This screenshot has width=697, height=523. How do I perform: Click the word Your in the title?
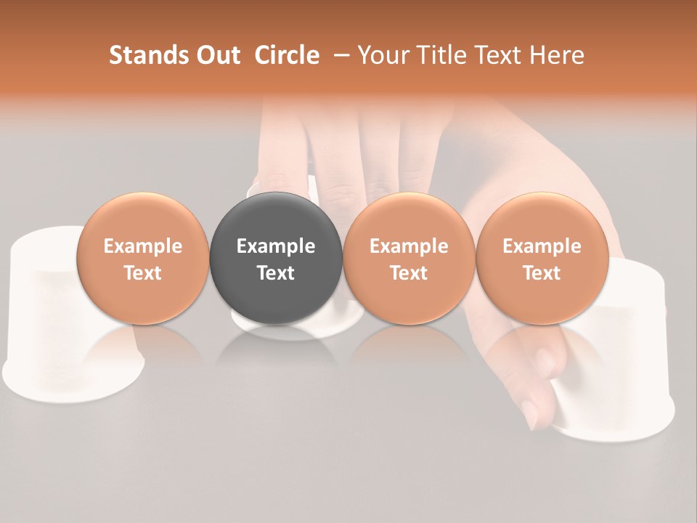pyautogui.click(x=383, y=55)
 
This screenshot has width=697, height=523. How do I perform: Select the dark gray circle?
pyautogui.click(x=276, y=258)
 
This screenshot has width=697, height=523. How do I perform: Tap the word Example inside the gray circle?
pyautogui.click(x=276, y=246)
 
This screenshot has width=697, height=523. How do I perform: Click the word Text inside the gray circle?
pyautogui.click(x=276, y=273)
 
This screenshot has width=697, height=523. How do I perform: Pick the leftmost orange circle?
pyautogui.click(x=143, y=258)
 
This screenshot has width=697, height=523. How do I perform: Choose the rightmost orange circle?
pyautogui.click(x=542, y=258)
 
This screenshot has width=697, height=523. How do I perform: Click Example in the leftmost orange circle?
pyautogui.click(x=143, y=246)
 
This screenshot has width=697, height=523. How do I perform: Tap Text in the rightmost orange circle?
pyautogui.click(x=542, y=273)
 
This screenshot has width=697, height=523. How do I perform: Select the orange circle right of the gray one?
pyautogui.click(x=409, y=258)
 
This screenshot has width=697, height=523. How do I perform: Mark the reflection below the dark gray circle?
pyautogui.click(x=276, y=349)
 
